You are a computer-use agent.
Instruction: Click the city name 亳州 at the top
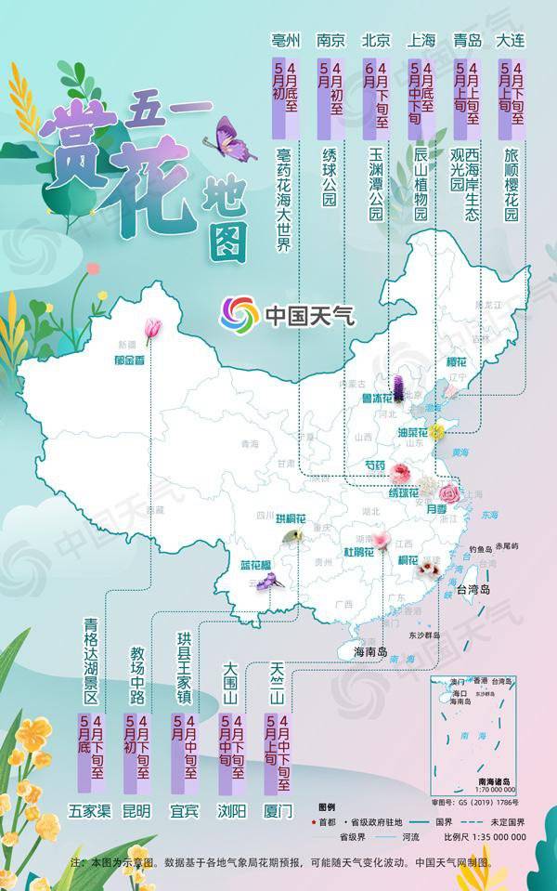tap(285, 40)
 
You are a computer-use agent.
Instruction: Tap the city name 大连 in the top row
tap(512, 40)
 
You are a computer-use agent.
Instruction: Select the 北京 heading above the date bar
tap(375, 40)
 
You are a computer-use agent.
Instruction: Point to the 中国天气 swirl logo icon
tap(240, 316)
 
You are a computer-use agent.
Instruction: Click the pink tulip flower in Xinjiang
tap(152, 327)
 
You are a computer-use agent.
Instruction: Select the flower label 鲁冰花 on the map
tap(381, 399)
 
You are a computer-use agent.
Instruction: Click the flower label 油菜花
tap(411, 432)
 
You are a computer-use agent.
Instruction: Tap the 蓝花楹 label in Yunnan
tap(257, 564)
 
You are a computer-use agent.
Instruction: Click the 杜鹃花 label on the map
tap(358, 552)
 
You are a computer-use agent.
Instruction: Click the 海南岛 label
tap(369, 652)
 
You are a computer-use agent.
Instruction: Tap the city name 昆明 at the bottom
tap(136, 810)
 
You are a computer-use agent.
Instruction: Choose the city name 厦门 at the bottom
tap(278, 810)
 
